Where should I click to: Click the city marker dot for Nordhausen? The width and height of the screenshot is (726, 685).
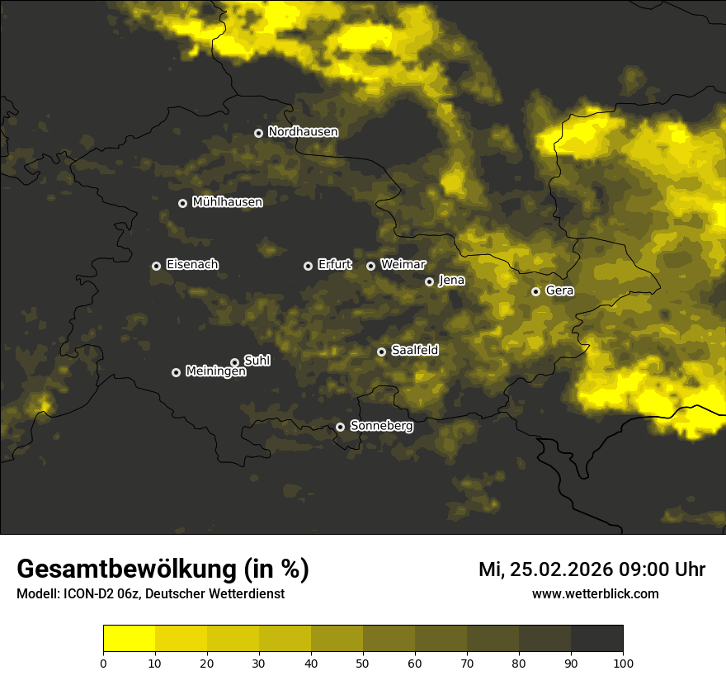pyautogui.click(x=258, y=133)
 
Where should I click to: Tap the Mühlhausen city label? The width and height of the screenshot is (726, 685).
pyautogui.click(x=227, y=202)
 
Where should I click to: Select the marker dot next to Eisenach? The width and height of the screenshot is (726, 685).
pyautogui.click(x=156, y=266)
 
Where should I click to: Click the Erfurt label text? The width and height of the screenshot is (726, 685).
pyautogui.click(x=334, y=265)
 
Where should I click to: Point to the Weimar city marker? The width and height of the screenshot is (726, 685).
pyautogui.click(x=370, y=266)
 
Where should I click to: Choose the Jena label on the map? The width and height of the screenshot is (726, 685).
pyautogui.click(x=451, y=281)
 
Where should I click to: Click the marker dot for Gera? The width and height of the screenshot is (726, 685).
pyautogui.click(x=535, y=291)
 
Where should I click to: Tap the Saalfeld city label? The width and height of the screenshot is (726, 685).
pyautogui.click(x=414, y=351)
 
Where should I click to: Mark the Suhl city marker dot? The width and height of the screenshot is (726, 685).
pyautogui.click(x=234, y=362)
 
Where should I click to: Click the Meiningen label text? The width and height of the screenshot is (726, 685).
pyautogui.click(x=215, y=372)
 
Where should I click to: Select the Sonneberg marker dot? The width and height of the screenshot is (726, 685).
pyautogui.click(x=340, y=428)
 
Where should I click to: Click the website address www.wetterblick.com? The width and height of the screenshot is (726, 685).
pyautogui.click(x=596, y=594)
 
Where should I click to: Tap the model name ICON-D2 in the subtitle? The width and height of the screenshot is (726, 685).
pyautogui.click(x=89, y=594)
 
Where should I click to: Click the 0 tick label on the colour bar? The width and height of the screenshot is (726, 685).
pyautogui.click(x=103, y=663)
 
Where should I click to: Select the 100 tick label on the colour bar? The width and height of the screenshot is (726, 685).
pyautogui.click(x=623, y=663)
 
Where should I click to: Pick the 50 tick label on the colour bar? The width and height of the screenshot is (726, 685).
pyautogui.click(x=363, y=663)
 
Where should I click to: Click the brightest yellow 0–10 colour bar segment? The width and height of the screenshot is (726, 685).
pyautogui.click(x=129, y=639)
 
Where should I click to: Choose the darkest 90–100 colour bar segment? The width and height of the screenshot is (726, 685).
pyautogui.click(x=596, y=639)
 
